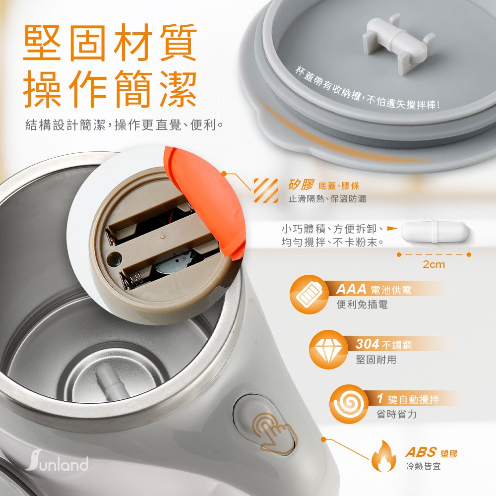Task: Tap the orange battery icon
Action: (x=309, y=295)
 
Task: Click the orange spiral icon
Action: (x=349, y=404)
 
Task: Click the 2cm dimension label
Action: (x=434, y=264)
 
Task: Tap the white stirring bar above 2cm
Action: (x=434, y=232)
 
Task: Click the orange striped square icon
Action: (x=266, y=190)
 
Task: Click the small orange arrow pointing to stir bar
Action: (x=392, y=228)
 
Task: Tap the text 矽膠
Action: (x=301, y=185)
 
